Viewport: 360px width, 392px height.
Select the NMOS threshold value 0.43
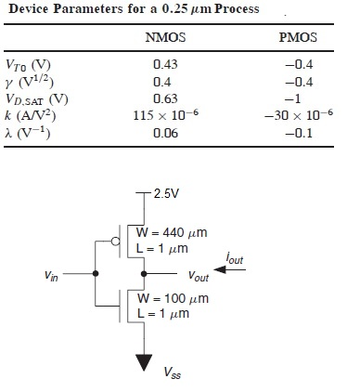click(x=165, y=65)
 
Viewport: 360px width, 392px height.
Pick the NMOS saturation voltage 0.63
click(x=165, y=99)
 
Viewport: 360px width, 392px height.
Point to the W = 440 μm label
click(x=174, y=232)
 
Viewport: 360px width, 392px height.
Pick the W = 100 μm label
click(x=174, y=299)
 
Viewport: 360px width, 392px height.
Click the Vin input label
click(x=54, y=275)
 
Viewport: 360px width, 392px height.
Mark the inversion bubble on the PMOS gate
click(x=115, y=242)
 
